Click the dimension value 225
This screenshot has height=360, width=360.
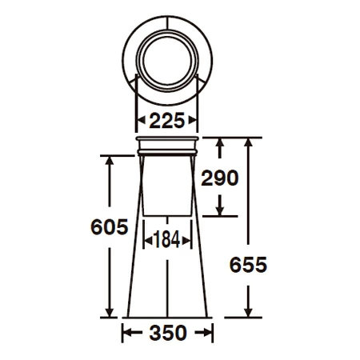[167, 121]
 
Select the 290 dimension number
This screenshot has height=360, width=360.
[220, 178]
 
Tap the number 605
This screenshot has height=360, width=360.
[110, 227]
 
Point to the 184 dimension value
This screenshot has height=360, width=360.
[167, 239]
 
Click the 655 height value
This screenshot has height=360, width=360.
[248, 265]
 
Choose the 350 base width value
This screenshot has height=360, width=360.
[168, 333]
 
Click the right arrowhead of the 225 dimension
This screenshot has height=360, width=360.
[193, 121]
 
